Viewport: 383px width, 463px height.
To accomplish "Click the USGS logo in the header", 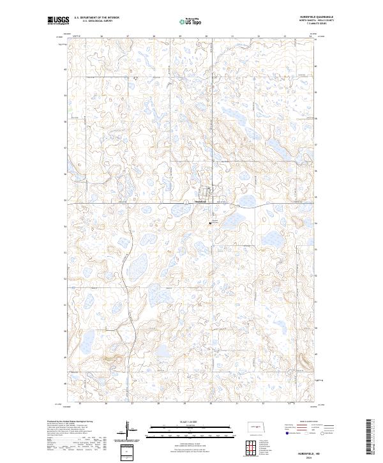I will [x=58, y=21].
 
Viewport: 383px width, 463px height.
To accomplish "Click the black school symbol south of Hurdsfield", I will [x=211, y=223].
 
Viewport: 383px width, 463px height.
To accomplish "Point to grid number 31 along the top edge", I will [x=232, y=36].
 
